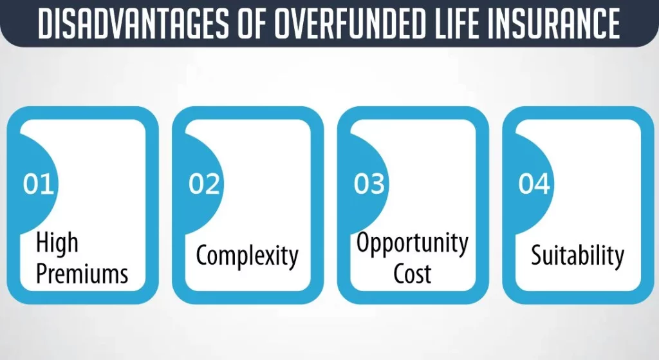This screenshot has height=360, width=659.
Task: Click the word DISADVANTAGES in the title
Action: tap(134, 23)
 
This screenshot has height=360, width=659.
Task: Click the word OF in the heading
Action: tap(252, 23)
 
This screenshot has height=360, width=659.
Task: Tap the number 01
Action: tap(38, 184)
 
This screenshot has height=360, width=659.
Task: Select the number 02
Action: tap(204, 184)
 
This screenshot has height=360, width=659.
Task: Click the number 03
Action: tap(369, 184)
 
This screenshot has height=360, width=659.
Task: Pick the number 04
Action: tap(534, 184)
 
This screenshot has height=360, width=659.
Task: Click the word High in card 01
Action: tap(57, 243)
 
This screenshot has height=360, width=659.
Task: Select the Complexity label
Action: tap(247, 256)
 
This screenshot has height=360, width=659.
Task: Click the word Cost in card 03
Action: tap(413, 274)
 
